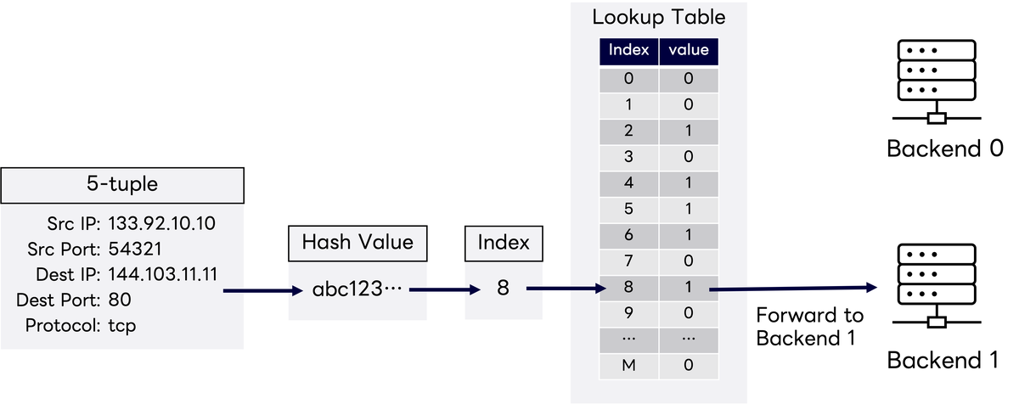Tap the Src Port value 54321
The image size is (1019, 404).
[x=136, y=250]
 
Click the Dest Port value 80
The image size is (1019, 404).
[x=120, y=300]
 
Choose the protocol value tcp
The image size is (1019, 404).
[x=121, y=325]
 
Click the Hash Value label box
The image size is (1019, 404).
[x=357, y=243]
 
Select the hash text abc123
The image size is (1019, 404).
[x=357, y=289]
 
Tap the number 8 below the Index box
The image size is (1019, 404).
[x=503, y=289]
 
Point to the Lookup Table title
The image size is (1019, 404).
[x=659, y=16]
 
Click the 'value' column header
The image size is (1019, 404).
[x=689, y=51]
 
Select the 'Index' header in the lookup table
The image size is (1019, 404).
[x=628, y=51]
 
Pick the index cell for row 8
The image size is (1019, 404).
[x=628, y=288]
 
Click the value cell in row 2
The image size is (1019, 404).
[x=689, y=132]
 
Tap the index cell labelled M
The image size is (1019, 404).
[x=628, y=366]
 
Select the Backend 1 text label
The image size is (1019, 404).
[x=943, y=360]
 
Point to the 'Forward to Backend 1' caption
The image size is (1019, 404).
[x=809, y=327]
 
